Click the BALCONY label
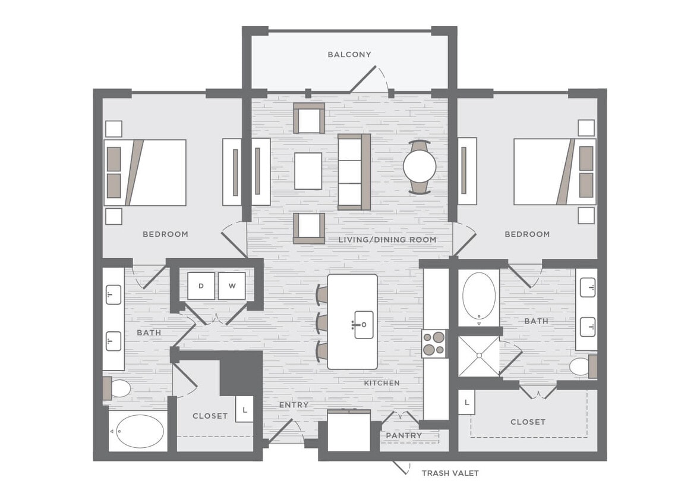coord(349,55)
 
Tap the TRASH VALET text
coord(450,473)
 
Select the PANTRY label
coord(403,435)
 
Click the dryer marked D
coord(201,286)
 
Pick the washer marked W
coord(232,286)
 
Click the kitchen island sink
coord(363,325)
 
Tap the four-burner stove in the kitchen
coord(434,343)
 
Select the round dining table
coord(421,167)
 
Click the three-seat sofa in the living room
coord(354,171)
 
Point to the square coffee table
coord(308,171)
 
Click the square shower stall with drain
coord(478,356)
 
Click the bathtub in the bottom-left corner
coord(140,431)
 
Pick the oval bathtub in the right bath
coord(478,296)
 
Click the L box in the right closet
coord(467,403)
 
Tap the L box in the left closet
coord(245,409)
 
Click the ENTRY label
coord(294,405)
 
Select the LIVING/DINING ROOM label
coord(387,240)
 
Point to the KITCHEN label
coord(381,383)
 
